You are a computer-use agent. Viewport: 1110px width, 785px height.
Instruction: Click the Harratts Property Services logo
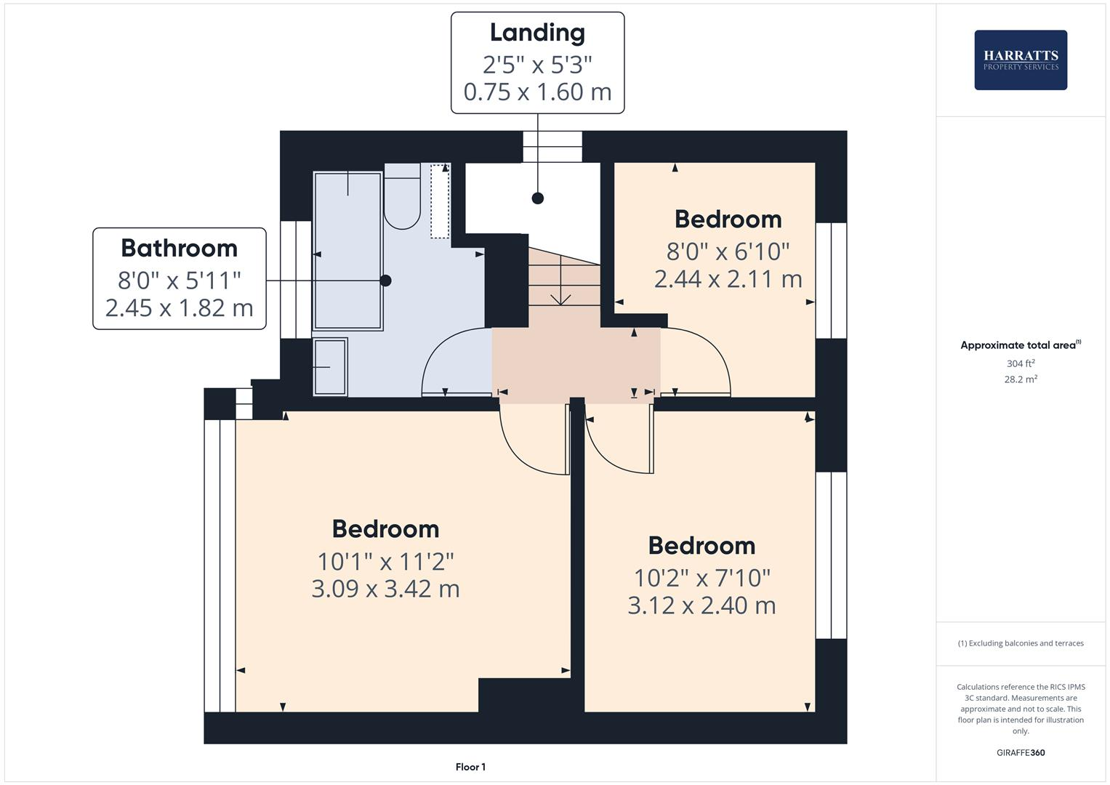(x=1020, y=60)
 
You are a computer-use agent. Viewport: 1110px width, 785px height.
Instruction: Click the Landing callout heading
(x=537, y=33)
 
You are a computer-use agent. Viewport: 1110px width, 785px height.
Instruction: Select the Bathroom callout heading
(x=179, y=248)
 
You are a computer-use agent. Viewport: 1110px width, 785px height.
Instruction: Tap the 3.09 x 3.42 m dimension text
(x=385, y=588)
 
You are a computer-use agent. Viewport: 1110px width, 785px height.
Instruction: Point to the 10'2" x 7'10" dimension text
(x=701, y=578)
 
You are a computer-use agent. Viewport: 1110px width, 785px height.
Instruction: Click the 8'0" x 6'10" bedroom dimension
(x=728, y=251)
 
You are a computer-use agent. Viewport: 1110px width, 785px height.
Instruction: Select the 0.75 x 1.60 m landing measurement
(x=537, y=92)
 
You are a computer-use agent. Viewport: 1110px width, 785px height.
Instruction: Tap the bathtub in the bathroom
(x=347, y=251)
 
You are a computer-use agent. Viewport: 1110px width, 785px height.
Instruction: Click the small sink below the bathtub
(x=330, y=367)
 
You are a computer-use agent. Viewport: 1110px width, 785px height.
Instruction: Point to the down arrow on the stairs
(x=560, y=297)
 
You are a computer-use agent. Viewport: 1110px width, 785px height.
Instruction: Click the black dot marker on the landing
(x=538, y=198)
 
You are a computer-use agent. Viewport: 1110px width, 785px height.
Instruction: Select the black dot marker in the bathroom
(x=386, y=281)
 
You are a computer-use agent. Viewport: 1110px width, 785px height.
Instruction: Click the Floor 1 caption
(x=470, y=767)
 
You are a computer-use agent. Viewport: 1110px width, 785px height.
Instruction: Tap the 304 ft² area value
(x=1020, y=363)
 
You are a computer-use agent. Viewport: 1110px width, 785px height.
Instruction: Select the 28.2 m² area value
(x=1020, y=379)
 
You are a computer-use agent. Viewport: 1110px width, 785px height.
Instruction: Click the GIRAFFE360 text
(x=1020, y=753)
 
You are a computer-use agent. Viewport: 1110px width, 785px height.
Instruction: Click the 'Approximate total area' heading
(x=1018, y=345)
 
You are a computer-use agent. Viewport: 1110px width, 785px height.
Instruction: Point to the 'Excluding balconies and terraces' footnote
(x=1021, y=643)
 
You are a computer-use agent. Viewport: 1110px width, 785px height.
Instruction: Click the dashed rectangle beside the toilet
(x=440, y=201)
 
